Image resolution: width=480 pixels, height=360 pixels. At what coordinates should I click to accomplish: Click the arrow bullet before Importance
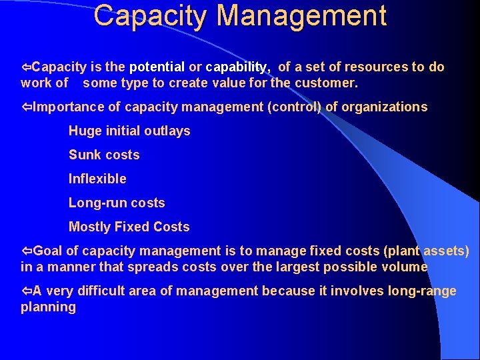pos(27,107)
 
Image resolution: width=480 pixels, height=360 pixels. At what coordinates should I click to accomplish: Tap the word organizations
pos(385,107)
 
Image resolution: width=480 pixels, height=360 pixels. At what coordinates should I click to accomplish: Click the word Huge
pos(83,131)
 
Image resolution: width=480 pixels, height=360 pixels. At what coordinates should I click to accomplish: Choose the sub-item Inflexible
pos(97,179)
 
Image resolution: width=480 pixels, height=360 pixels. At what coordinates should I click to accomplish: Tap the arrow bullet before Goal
pos(27,251)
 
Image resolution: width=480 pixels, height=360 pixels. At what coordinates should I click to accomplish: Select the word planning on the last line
pos(48,307)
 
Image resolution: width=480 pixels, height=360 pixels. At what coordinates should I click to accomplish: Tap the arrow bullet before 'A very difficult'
pos(27,291)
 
